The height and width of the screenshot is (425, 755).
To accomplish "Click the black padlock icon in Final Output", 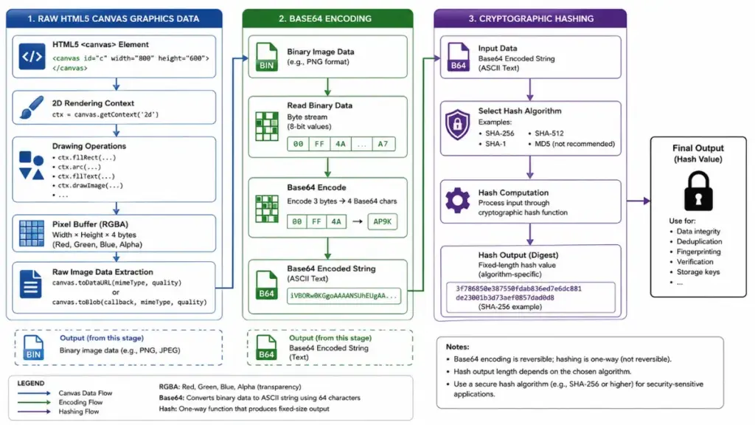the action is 698,192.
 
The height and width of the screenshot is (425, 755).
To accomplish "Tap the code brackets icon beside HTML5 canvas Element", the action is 32,56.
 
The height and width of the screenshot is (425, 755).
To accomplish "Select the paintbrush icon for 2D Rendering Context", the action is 32,108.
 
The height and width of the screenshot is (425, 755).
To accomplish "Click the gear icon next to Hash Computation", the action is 457,200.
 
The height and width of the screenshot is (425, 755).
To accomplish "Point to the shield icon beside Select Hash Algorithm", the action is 457,124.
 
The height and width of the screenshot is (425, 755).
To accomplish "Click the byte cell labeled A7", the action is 383,144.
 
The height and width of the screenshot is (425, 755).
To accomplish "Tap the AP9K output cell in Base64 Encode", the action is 383,221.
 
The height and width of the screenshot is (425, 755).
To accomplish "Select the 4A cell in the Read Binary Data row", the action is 341,144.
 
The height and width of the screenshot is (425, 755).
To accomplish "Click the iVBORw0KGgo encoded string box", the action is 344,296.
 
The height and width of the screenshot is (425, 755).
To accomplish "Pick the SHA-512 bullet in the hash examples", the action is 546,134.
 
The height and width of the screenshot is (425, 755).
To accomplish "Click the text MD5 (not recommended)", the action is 574,144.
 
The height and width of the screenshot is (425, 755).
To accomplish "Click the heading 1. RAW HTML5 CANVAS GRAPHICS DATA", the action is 113,18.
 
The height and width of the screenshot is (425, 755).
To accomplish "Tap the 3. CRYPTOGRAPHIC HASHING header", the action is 531,18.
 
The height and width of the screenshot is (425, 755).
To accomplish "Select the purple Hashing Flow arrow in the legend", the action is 34,412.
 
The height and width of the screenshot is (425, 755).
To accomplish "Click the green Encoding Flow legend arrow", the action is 34,402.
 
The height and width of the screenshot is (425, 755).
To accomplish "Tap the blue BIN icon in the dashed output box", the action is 33,348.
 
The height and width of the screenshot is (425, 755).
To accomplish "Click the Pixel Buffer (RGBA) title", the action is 90,224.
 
